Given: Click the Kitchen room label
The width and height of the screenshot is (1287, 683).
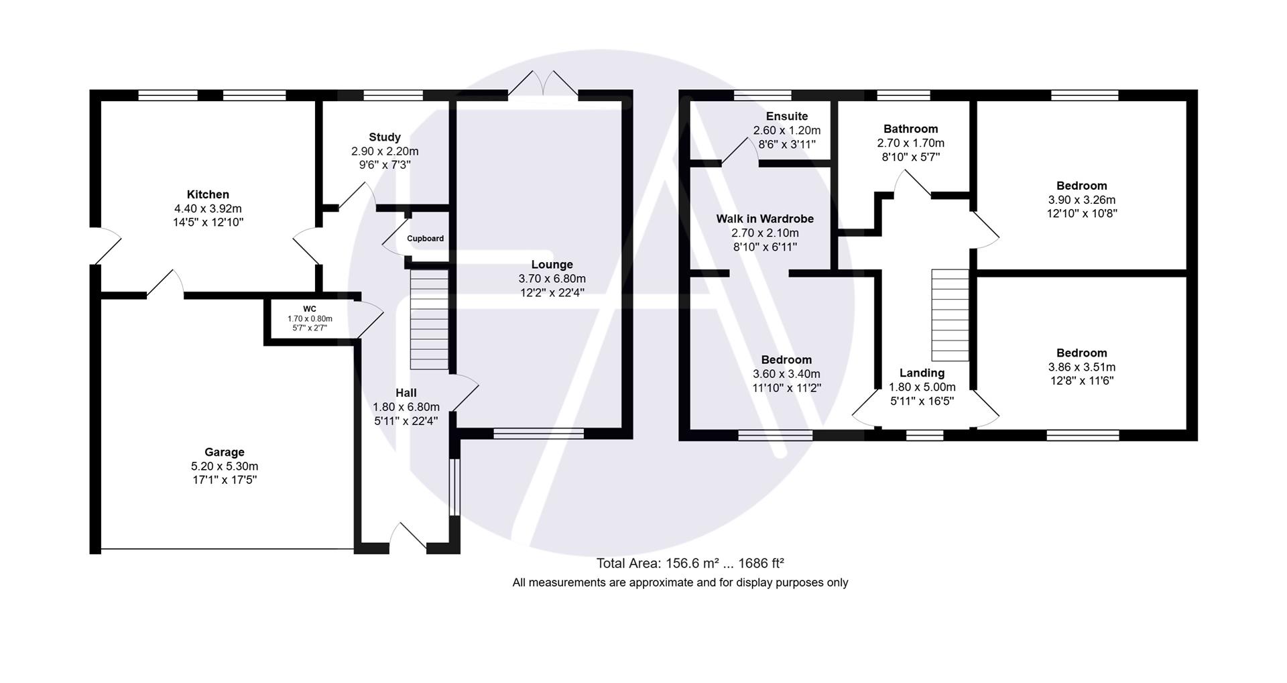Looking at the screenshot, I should click(208, 194).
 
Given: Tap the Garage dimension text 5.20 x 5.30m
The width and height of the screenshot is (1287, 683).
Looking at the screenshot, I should click(224, 467).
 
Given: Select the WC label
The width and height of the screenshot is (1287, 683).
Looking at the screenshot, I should click(309, 309).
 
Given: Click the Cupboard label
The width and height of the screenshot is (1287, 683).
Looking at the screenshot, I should click(425, 239).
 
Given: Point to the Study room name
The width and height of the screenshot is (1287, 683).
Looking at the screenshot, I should click(385, 137).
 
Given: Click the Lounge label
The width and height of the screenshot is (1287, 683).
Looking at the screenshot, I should click(552, 265).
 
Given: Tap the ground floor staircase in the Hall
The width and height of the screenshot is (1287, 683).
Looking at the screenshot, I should click(429, 319).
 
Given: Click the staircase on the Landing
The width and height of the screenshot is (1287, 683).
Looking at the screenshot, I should click(950, 315).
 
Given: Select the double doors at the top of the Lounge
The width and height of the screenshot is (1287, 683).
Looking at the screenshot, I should click(544, 84).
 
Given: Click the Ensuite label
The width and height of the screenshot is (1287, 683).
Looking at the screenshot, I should click(787, 117).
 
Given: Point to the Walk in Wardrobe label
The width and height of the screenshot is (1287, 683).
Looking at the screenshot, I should click(765, 219).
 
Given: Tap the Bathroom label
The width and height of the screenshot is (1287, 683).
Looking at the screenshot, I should click(910, 129).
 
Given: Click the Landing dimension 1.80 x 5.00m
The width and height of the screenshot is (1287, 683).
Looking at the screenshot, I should click(922, 387).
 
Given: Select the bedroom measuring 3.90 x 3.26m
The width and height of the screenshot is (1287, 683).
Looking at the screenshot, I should click(1081, 186).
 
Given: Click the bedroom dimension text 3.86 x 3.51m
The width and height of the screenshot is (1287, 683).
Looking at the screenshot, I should click(1081, 367).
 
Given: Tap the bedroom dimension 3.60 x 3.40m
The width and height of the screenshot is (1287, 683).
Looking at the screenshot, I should click(786, 374).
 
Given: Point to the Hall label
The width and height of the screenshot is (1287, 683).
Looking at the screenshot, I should click(406, 393).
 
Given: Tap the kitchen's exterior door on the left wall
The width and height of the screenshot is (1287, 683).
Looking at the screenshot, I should click(105, 246).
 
